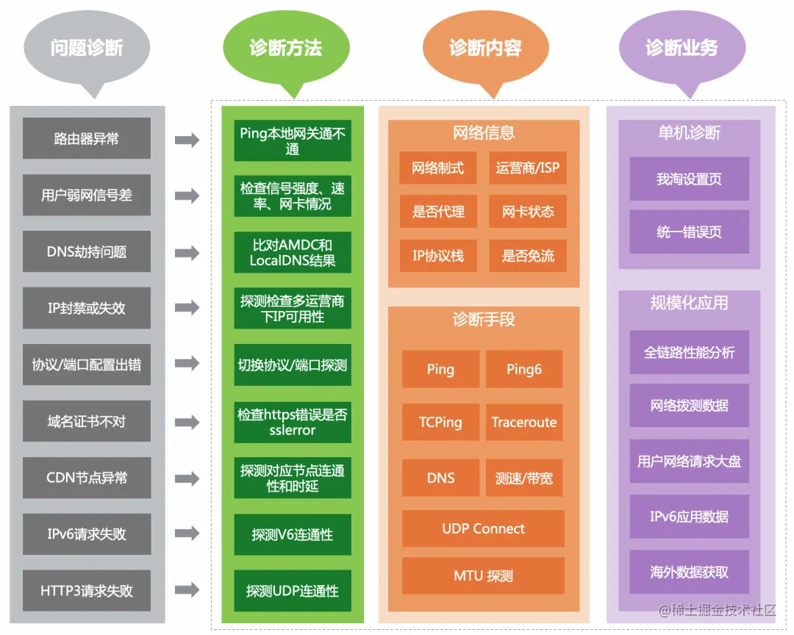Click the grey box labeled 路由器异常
tap(87, 138)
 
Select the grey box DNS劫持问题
tap(87, 252)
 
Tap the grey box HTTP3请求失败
tap(87, 591)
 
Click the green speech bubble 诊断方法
tap(286, 49)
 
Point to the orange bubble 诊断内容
tap(485, 49)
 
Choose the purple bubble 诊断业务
tap(682, 49)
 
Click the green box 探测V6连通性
tap(293, 535)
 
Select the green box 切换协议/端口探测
tap(293, 365)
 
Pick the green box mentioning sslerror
tap(293, 422)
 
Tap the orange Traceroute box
tap(524, 423)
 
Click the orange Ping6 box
tap(524, 369)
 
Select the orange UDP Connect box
tap(483, 529)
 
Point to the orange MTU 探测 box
tap(483, 575)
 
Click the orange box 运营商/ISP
tap(527, 168)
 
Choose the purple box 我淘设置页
tap(689, 179)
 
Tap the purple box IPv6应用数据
tap(689, 517)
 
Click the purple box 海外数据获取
tap(689, 572)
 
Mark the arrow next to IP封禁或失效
tap(187, 309)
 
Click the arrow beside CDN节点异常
tap(187, 478)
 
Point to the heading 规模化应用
tap(689, 303)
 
